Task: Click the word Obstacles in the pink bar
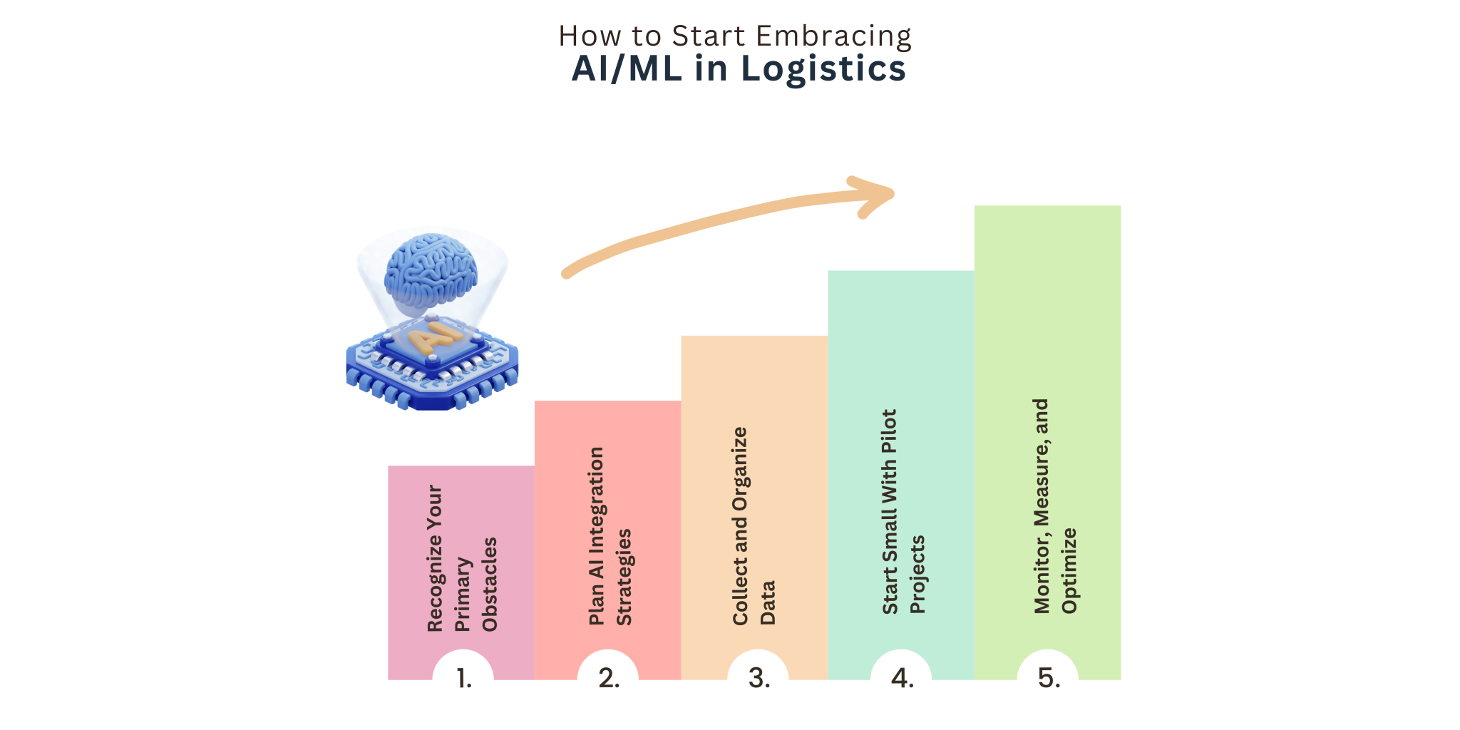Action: tap(490, 585)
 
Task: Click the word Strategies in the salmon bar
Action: tap(624, 577)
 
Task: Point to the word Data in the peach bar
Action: tap(768, 603)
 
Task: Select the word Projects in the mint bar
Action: tap(917, 575)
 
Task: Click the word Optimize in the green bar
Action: tap(1069, 571)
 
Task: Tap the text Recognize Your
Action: tap(435, 559)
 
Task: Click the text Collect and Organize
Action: tap(740, 526)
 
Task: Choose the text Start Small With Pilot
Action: tap(889, 512)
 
